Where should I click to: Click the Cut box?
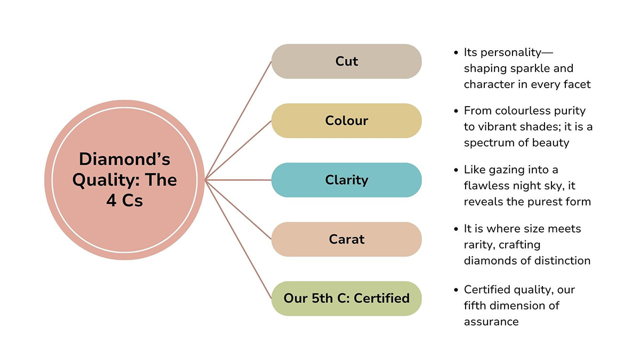(346, 61)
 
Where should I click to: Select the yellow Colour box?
(346, 121)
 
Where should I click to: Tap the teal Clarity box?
(346, 180)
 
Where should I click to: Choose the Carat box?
(346, 239)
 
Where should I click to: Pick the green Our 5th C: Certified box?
(346, 298)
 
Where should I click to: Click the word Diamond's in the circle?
(124, 159)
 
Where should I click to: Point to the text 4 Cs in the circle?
(124, 202)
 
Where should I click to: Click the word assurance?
(491, 322)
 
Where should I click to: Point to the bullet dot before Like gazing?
(456, 170)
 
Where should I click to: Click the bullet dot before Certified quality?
(456, 290)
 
